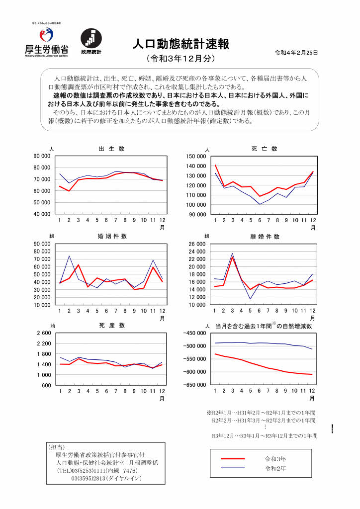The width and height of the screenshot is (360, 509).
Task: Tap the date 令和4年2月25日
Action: [x=296, y=53]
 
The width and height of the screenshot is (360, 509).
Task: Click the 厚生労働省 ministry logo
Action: [x=46, y=42]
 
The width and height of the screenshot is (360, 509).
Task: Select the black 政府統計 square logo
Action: [x=91, y=39]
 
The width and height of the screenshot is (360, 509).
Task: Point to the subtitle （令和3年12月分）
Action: [x=180, y=59]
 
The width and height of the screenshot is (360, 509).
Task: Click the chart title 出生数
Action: [x=111, y=149]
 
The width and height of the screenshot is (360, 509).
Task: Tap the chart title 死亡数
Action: [x=264, y=149]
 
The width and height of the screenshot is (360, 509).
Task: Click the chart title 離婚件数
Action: [x=264, y=237]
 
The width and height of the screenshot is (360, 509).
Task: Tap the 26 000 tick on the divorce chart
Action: [x=196, y=245]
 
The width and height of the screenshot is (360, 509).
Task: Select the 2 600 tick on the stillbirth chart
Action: [x=44, y=333]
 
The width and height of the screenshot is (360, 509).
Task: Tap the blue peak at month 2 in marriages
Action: [x=69, y=256]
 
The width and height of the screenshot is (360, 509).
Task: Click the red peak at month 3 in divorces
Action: [x=232, y=257]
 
